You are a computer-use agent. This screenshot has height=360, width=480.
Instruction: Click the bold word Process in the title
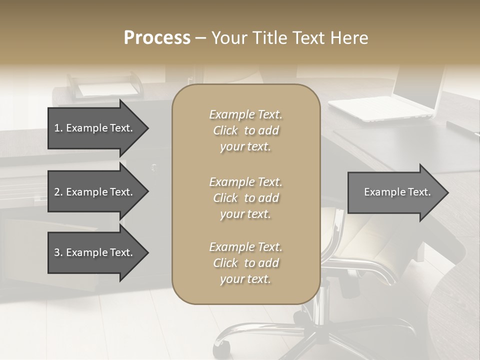157,38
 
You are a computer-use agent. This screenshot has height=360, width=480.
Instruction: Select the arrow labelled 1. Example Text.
95,128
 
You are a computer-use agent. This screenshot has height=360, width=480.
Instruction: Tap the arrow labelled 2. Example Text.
95,192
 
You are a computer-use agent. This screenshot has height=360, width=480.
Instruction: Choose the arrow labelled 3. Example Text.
95,252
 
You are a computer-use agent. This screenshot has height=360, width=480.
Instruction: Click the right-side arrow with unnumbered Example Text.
395,192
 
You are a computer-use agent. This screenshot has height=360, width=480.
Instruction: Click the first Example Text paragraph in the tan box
245,130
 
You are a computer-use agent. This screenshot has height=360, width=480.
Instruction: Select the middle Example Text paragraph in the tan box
245,198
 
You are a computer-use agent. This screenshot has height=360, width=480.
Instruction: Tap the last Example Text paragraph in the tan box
245,263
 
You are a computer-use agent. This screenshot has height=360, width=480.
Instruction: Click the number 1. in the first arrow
58,128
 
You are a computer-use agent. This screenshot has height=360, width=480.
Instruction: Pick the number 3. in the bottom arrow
58,252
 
